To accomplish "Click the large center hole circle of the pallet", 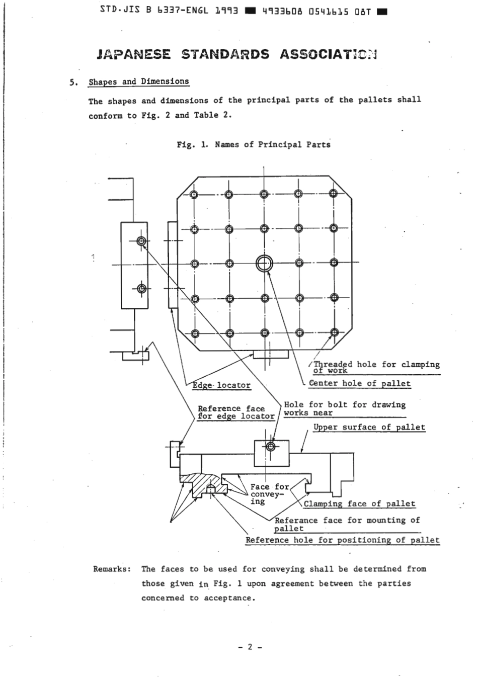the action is click(x=264, y=263).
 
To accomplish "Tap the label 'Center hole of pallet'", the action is click(x=359, y=383).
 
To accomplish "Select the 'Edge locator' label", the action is click(x=222, y=385).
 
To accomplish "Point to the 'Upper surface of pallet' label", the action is click(x=369, y=427).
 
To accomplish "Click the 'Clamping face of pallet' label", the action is click(x=359, y=503).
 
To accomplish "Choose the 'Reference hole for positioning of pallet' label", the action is click(x=342, y=540).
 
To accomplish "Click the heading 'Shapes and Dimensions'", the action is click(x=139, y=81).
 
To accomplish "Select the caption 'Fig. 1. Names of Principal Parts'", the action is click(x=254, y=145).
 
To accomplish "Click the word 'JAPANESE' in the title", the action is click(x=134, y=54).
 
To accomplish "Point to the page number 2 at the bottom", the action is click(x=250, y=647).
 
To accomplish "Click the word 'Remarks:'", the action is click(x=112, y=569).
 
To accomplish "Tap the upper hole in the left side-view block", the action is click(x=141, y=241).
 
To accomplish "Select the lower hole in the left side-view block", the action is click(x=141, y=289).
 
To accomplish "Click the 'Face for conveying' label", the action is click(x=269, y=494).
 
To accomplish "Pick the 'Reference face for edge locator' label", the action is click(x=235, y=412).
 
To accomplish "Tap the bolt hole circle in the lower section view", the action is click(x=271, y=447).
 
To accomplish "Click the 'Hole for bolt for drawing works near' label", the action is click(x=344, y=408).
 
